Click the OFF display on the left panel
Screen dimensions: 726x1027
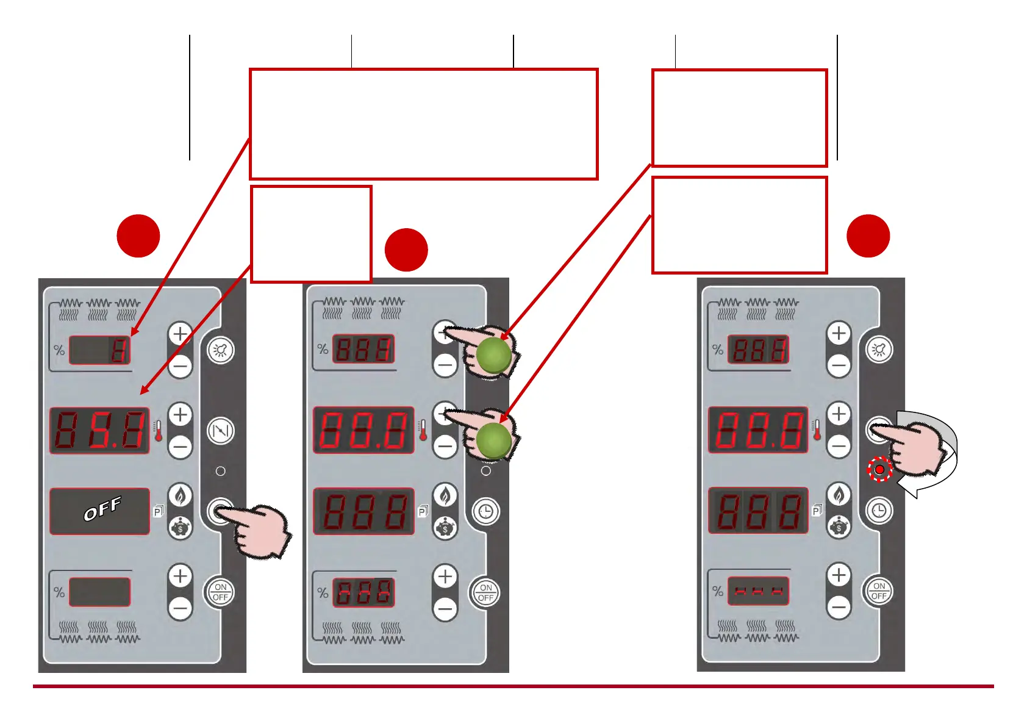point(100,511)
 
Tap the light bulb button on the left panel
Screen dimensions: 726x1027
point(220,350)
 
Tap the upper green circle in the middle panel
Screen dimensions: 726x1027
point(493,355)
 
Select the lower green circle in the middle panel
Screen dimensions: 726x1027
point(493,440)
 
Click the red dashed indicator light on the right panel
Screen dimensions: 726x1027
point(879,469)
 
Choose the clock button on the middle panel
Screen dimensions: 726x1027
point(485,511)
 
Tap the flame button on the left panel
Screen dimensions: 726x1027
point(181,495)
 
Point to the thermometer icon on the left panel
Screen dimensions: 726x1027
point(159,431)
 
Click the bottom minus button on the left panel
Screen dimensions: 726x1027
point(181,608)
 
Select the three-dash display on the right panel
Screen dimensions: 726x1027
point(758,591)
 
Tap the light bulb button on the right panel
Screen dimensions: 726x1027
point(879,350)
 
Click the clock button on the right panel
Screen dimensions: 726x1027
point(879,510)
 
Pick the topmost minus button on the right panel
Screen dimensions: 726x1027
point(839,365)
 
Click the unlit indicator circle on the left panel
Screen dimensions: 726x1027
point(221,471)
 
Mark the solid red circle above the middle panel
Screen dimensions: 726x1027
point(406,250)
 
